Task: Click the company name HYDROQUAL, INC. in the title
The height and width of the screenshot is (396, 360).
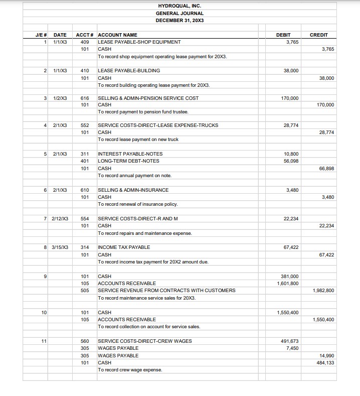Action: [179, 6]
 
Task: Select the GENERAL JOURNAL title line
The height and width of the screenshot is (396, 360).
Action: [179, 13]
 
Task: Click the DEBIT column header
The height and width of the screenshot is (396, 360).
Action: [283, 35]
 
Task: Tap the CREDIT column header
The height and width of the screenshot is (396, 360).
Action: [319, 35]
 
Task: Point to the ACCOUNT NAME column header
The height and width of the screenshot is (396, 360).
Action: [117, 35]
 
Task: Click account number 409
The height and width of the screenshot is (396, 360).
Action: [85, 42]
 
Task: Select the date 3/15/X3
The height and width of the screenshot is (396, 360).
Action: [60, 247]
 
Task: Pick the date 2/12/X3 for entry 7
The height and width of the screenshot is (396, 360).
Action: [60, 219]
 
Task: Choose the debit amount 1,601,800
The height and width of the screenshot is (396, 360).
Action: [288, 284]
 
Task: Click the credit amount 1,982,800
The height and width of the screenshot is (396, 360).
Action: [324, 291]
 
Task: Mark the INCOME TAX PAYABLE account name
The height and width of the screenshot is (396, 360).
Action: [124, 247]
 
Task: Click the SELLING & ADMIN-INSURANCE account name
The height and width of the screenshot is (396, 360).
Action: [133, 190]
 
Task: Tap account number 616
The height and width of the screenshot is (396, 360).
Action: [85, 98]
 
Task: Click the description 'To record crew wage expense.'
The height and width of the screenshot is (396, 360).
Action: [130, 370]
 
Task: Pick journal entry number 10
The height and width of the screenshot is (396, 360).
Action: [45, 312]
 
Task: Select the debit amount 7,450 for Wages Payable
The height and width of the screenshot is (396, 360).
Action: [292, 348]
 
